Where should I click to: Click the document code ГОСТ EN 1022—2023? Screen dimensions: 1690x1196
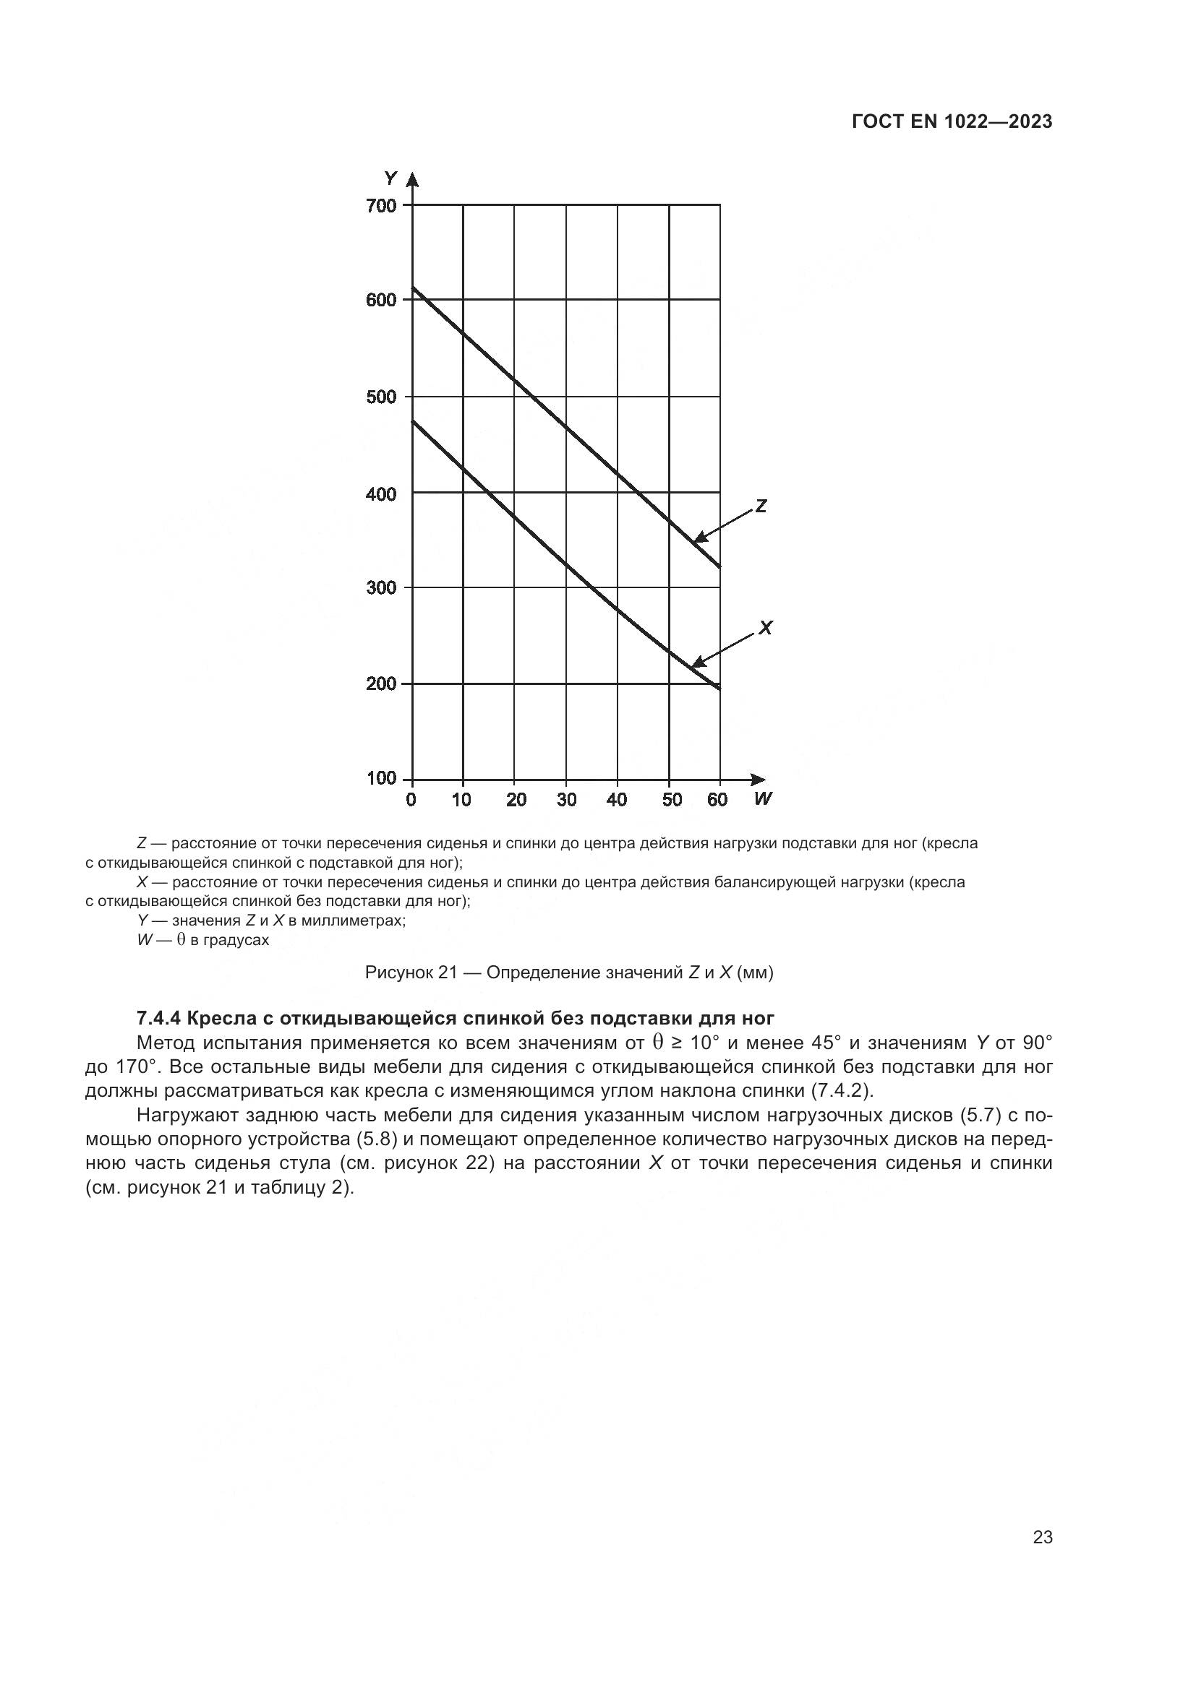pos(952,122)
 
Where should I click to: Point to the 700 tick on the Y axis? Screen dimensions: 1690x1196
pos(381,205)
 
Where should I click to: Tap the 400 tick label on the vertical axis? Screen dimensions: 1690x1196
pos(381,494)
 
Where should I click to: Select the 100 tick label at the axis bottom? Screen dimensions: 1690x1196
pos(381,779)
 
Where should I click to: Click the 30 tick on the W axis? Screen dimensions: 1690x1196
pos(566,800)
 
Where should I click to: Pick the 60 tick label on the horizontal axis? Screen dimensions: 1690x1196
pos(717,800)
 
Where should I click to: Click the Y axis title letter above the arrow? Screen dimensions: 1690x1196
pos(390,178)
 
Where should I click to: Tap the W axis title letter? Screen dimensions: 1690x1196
pos(763,798)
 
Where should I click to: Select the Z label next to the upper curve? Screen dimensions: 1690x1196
pos(761,506)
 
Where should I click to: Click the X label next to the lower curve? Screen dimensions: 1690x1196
pos(765,628)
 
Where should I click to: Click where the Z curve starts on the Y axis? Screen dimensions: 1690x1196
pos(412,287)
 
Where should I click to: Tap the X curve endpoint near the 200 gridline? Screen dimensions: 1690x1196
pos(719,689)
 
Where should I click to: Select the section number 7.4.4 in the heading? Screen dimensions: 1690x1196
pos(159,1019)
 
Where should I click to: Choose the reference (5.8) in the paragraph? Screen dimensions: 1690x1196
pos(376,1139)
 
